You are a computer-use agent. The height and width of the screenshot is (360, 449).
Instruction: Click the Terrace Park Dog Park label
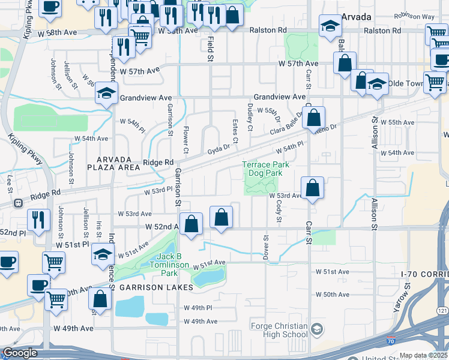pos(265,169)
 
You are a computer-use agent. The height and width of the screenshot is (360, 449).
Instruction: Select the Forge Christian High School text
pos(278,330)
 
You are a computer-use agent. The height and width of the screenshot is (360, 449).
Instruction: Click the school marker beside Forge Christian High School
pos(317,329)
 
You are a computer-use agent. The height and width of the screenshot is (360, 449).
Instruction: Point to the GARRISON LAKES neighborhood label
pos(156,288)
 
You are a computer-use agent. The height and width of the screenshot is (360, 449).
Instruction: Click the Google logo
pos(19,353)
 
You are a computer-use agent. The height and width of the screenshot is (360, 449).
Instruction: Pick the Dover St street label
pos(265,244)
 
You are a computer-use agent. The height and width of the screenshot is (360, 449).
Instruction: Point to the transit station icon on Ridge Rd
pos(19,202)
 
